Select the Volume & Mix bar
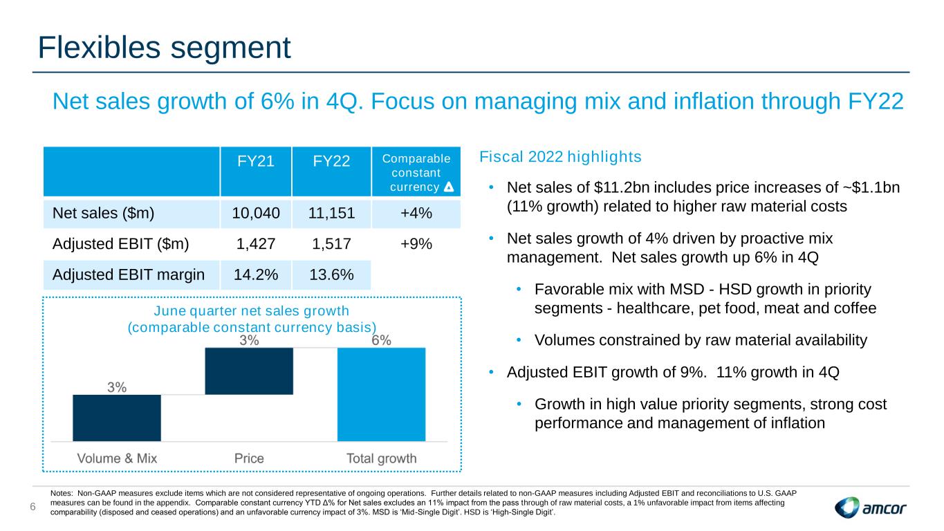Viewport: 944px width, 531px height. (117, 417)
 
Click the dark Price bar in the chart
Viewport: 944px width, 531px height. (249, 371)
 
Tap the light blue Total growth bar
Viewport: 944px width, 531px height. (381, 393)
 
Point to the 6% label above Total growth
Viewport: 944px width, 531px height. (381, 340)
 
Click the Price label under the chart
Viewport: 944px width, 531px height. (249, 458)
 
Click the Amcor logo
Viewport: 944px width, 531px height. (871, 509)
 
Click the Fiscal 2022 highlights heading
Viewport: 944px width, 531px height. (560, 157)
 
